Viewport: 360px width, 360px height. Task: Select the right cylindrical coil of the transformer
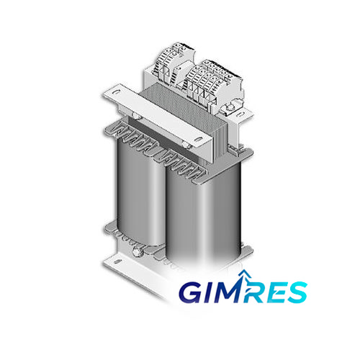click(x=204, y=216)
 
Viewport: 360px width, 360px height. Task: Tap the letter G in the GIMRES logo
click(x=192, y=292)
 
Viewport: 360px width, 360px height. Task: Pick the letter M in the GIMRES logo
click(x=228, y=292)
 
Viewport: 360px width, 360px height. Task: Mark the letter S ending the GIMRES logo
click(x=297, y=292)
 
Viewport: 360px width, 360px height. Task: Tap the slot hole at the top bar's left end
click(x=116, y=92)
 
